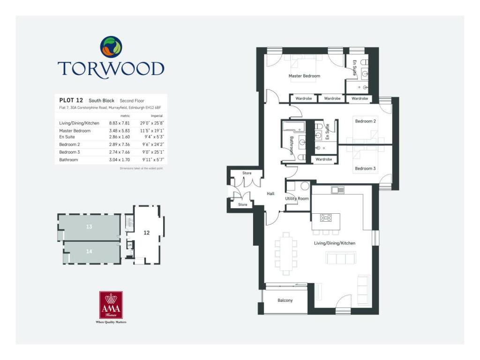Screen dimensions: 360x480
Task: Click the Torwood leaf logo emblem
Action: (x=111, y=47)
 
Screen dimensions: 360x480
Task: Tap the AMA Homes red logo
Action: (x=111, y=305)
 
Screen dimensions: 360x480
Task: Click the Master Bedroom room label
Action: (x=304, y=76)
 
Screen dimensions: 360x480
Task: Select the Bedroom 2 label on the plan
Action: (x=365, y=121)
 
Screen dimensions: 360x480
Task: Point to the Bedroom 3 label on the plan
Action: (x=365, y=168)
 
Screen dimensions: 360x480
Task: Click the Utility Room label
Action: (x=297, y=199)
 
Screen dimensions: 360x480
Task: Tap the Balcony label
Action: (x=285, y=300)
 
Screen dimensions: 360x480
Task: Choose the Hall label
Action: (x=270, y=194)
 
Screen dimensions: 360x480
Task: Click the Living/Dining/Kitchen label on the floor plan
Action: (x=334, y=243)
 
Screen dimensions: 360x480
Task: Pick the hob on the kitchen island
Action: (x=326, y=217)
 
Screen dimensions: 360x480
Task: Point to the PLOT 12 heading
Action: (x=71, y=100)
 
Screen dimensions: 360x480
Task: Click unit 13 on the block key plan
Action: (x=89, y=227)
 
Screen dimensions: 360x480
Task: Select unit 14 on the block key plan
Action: (x=89, y=252)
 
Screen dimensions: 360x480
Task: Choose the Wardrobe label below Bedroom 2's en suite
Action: (x=324, y=159)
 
